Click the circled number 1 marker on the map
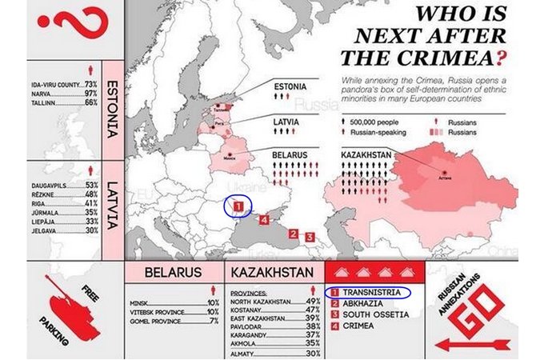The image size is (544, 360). pyautogui.click(x=238, y=206)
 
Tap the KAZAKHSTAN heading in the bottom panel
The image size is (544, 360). pyautogui.click(x=272, y=273)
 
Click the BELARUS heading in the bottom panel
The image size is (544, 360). pyautogui.click(x=172, y=273)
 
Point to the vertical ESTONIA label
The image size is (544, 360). pyautogui.click(x=112, y=109)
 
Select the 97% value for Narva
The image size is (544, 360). pyautogui.click(x=90, y=94)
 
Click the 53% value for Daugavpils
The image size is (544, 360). pyautogui.click(x=91, y=185)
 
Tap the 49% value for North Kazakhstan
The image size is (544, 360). pyautogui.click(x=313, y=302)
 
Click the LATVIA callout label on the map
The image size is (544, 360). pyautogui.click(x=286, y=121)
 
